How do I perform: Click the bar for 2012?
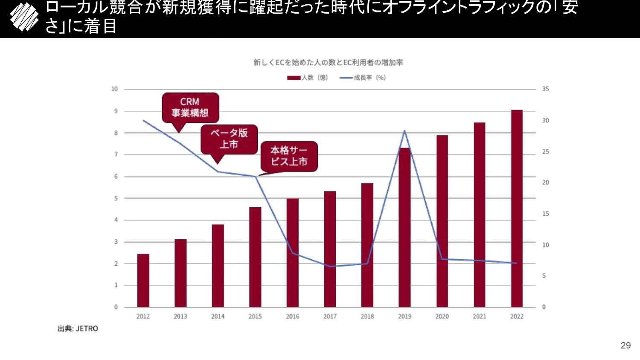tap(143, 280)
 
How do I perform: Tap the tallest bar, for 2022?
tap(517, 209)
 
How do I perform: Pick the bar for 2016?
tap(292, 253)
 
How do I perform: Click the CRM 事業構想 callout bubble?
tap(190, 107)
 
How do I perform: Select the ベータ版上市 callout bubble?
tap(229, 139)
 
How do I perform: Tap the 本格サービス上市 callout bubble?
tap(289, 156)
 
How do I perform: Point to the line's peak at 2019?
tap(404, 131)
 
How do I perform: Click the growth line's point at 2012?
tap(143, 120)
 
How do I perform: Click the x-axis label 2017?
tap(330, 316)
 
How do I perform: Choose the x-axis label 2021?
tap(479, 316)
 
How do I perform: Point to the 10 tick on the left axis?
tap(114, 89)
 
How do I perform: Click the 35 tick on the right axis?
tap(545, 89)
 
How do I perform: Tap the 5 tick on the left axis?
tap(116, 198)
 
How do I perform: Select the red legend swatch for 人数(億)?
tap(294, 78)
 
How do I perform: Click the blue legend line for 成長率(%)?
tap(346, 78)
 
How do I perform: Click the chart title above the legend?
tap(328, 63)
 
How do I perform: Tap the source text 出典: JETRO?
tap(78, 328)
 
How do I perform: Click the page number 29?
tap(625, 345)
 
